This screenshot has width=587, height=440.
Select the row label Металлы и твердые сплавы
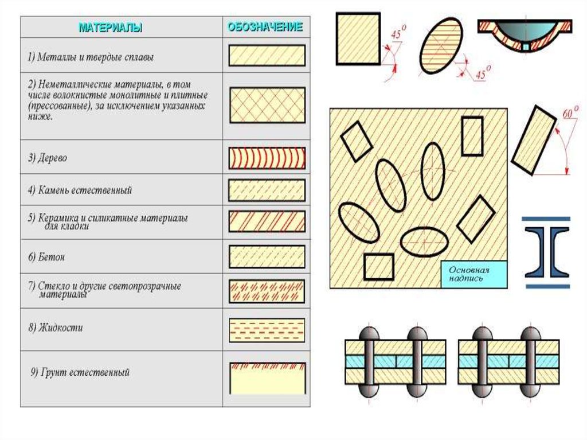tap(91, 57)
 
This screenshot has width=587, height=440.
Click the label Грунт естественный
tap(80, 372)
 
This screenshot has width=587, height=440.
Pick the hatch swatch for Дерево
tap(267, 158)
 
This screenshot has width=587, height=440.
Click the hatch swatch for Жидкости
tap(267, 330)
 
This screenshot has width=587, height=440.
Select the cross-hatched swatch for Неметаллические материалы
tap(267, 105)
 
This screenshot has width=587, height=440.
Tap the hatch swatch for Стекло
tap(267, 291)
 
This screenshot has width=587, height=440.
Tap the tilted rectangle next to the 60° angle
tap(534, 139)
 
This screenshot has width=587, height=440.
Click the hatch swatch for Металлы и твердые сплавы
tap(267, 56)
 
